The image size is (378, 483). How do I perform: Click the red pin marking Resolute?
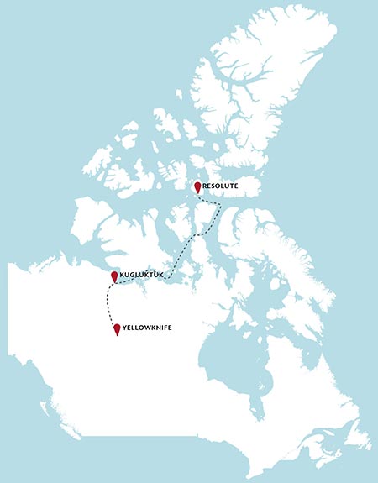197,187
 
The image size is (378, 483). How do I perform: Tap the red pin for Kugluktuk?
114,276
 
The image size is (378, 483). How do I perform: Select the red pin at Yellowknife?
117,329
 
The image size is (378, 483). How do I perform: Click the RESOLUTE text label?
221,186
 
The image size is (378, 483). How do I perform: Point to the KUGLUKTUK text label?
140,276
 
